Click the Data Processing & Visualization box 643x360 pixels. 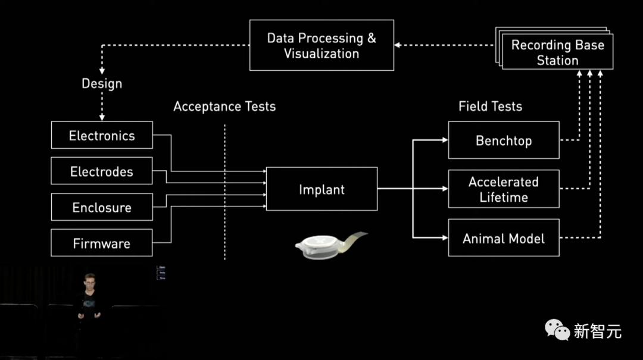321,45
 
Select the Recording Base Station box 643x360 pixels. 557,52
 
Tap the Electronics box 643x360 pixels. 102,135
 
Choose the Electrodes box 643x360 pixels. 102,171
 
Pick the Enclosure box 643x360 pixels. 102,208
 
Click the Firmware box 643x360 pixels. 102,243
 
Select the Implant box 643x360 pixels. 321,189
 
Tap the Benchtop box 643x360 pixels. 504,140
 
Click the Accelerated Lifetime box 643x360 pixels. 504,189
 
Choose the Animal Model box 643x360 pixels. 504,239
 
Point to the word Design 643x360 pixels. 102,83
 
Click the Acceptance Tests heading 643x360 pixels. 224,107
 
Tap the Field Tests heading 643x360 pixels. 490,107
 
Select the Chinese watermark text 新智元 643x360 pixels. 597,331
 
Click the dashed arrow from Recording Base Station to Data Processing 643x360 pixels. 444,45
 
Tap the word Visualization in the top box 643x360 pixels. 321,54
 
